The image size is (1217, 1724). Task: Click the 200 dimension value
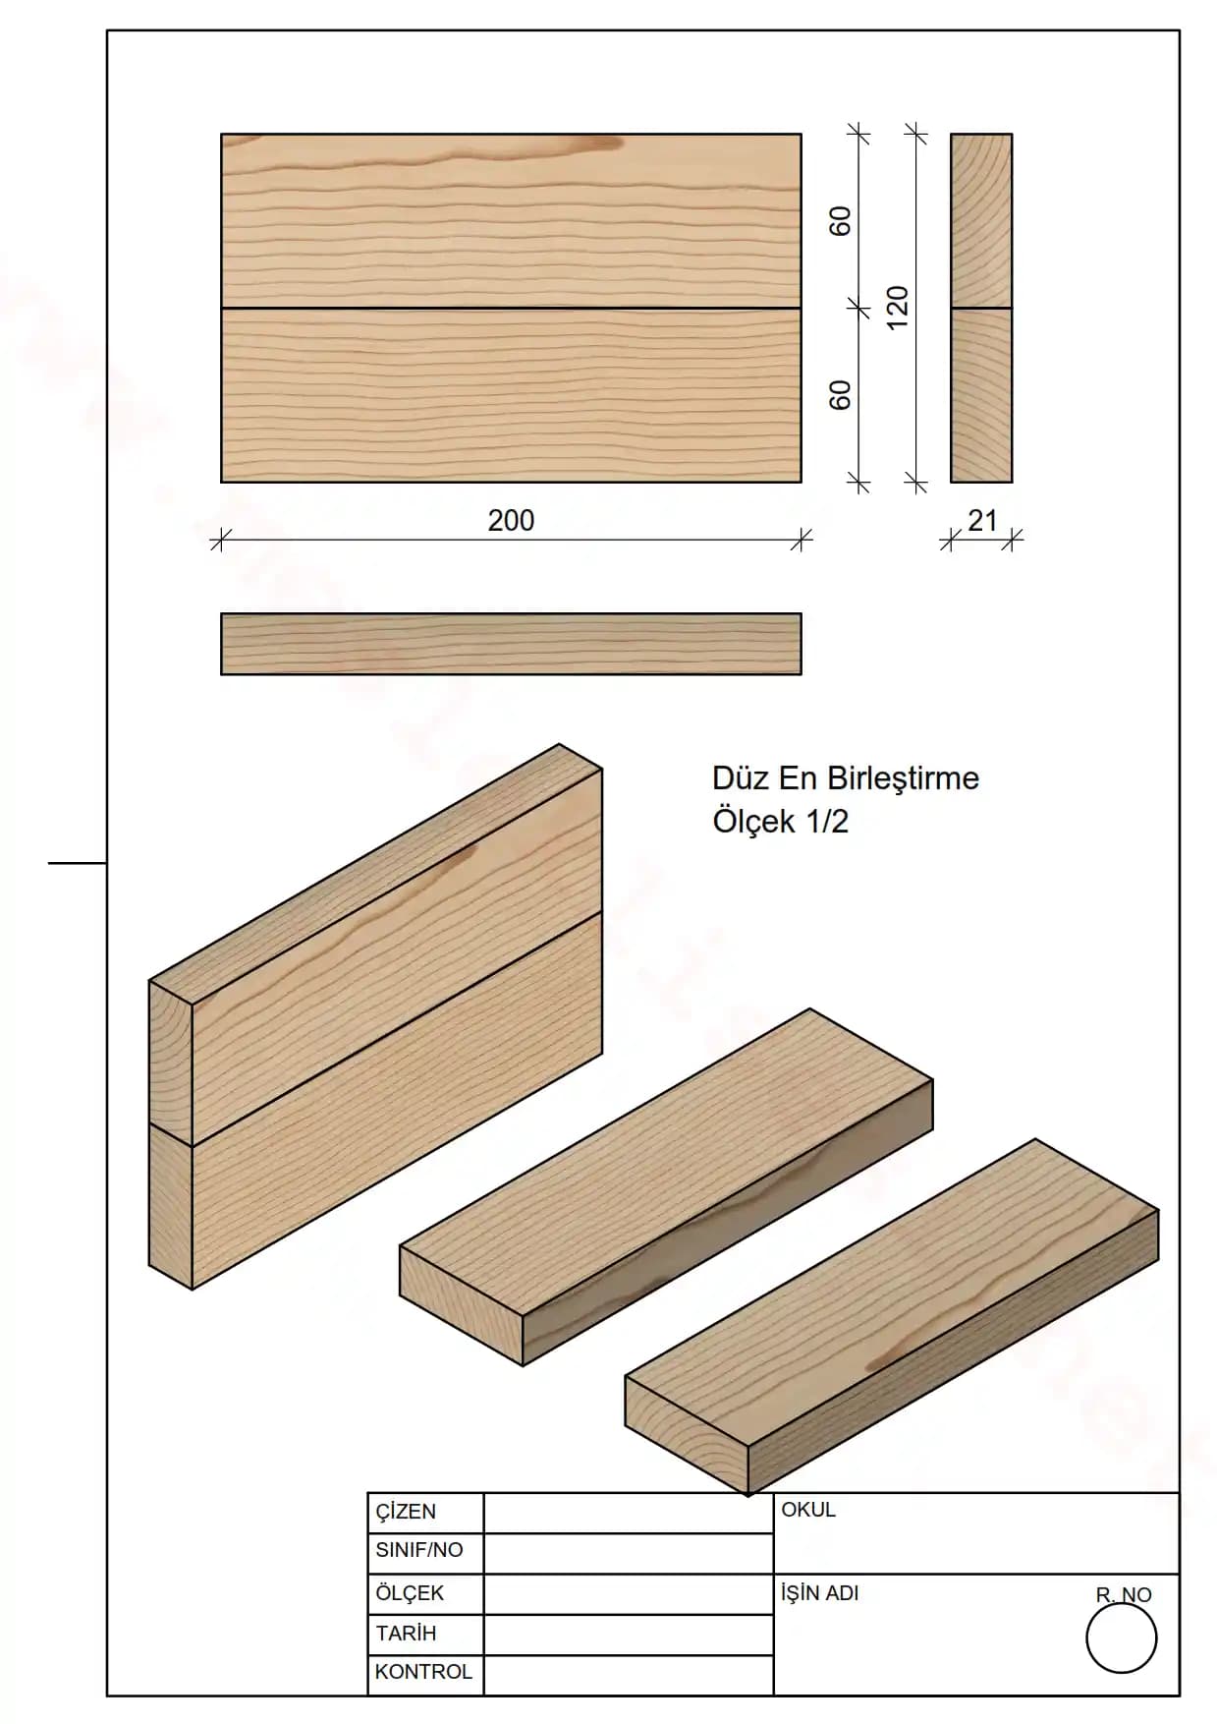[511, 520]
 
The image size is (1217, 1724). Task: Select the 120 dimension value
[898, 308]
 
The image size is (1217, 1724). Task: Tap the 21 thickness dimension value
[982, 520]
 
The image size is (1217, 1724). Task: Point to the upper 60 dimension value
[841, 221]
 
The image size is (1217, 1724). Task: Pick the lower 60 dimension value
[841, 395]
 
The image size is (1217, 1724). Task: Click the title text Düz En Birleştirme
[846, 778]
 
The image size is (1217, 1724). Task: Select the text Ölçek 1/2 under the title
[780, 821]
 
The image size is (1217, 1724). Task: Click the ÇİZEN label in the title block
[406, 1511]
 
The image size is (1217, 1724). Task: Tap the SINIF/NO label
[418, 1550]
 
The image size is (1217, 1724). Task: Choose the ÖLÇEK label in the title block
[410, 1592]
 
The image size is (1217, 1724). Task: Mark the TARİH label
[406, 1634]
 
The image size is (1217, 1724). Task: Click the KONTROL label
[423, 1671]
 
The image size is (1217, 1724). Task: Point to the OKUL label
[808, 1510]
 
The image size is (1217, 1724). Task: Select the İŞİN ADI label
[820, 1592]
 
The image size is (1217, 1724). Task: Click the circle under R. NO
[1122, 1638]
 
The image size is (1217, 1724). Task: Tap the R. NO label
[1124, 1594]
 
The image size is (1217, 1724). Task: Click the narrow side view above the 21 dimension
[981, 308]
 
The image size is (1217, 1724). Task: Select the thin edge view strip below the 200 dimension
[511, 644]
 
